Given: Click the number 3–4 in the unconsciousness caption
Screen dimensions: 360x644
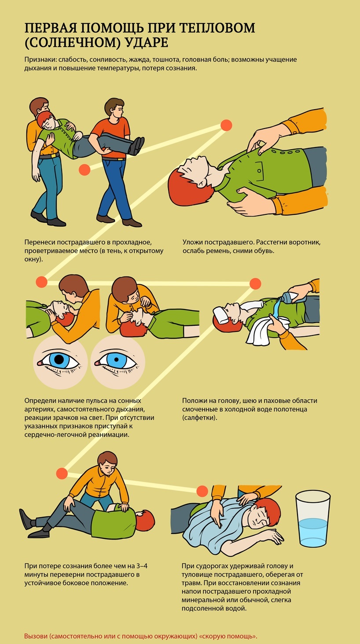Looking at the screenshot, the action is [x=142, y=566].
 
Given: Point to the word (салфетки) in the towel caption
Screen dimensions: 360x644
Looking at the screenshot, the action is [x=200, y=417].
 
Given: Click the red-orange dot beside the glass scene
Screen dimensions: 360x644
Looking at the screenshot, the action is [x=202, y=491].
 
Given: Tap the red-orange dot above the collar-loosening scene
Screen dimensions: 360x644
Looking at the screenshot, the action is [x=226, y=125].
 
